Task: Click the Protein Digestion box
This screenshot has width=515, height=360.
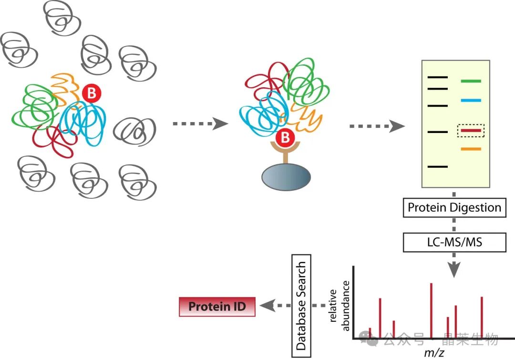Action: (454, 208)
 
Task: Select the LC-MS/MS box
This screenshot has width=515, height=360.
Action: (454, 242)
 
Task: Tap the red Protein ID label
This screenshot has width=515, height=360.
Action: (217, 306)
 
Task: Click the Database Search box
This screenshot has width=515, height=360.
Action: (300, 305)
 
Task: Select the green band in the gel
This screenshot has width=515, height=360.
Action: (471, 82)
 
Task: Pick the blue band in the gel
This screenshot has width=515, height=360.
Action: (471, 101)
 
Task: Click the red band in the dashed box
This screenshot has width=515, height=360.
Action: (471, 130)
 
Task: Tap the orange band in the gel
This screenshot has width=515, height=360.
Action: (471, 149)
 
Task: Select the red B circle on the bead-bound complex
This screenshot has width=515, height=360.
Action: (285, 138)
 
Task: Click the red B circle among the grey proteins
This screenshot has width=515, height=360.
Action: (91, 94)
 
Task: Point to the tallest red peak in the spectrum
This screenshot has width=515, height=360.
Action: (431, 310)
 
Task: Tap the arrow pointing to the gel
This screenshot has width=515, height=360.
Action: (377, 126)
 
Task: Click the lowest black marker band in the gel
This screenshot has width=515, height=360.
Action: (438, 166)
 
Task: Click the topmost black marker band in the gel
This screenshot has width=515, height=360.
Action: (438, 77)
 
